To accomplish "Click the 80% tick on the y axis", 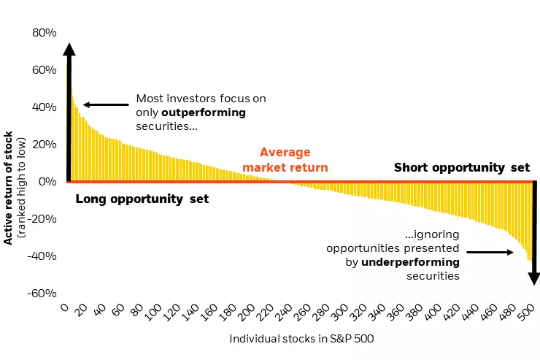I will coord(45,33).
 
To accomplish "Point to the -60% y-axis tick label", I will coord(42,293).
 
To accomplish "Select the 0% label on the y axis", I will coord(47,181).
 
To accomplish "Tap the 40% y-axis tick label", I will coord(45,107).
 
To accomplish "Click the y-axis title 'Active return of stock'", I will coord(9,188).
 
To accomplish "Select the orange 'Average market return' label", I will coord(285,160).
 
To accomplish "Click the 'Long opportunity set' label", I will coord(142,199).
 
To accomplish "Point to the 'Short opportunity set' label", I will coord(461,167).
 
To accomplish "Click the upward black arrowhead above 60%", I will coord(69,50).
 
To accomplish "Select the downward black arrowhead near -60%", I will coord(533,278).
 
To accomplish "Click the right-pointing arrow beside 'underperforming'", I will coord(490,253).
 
